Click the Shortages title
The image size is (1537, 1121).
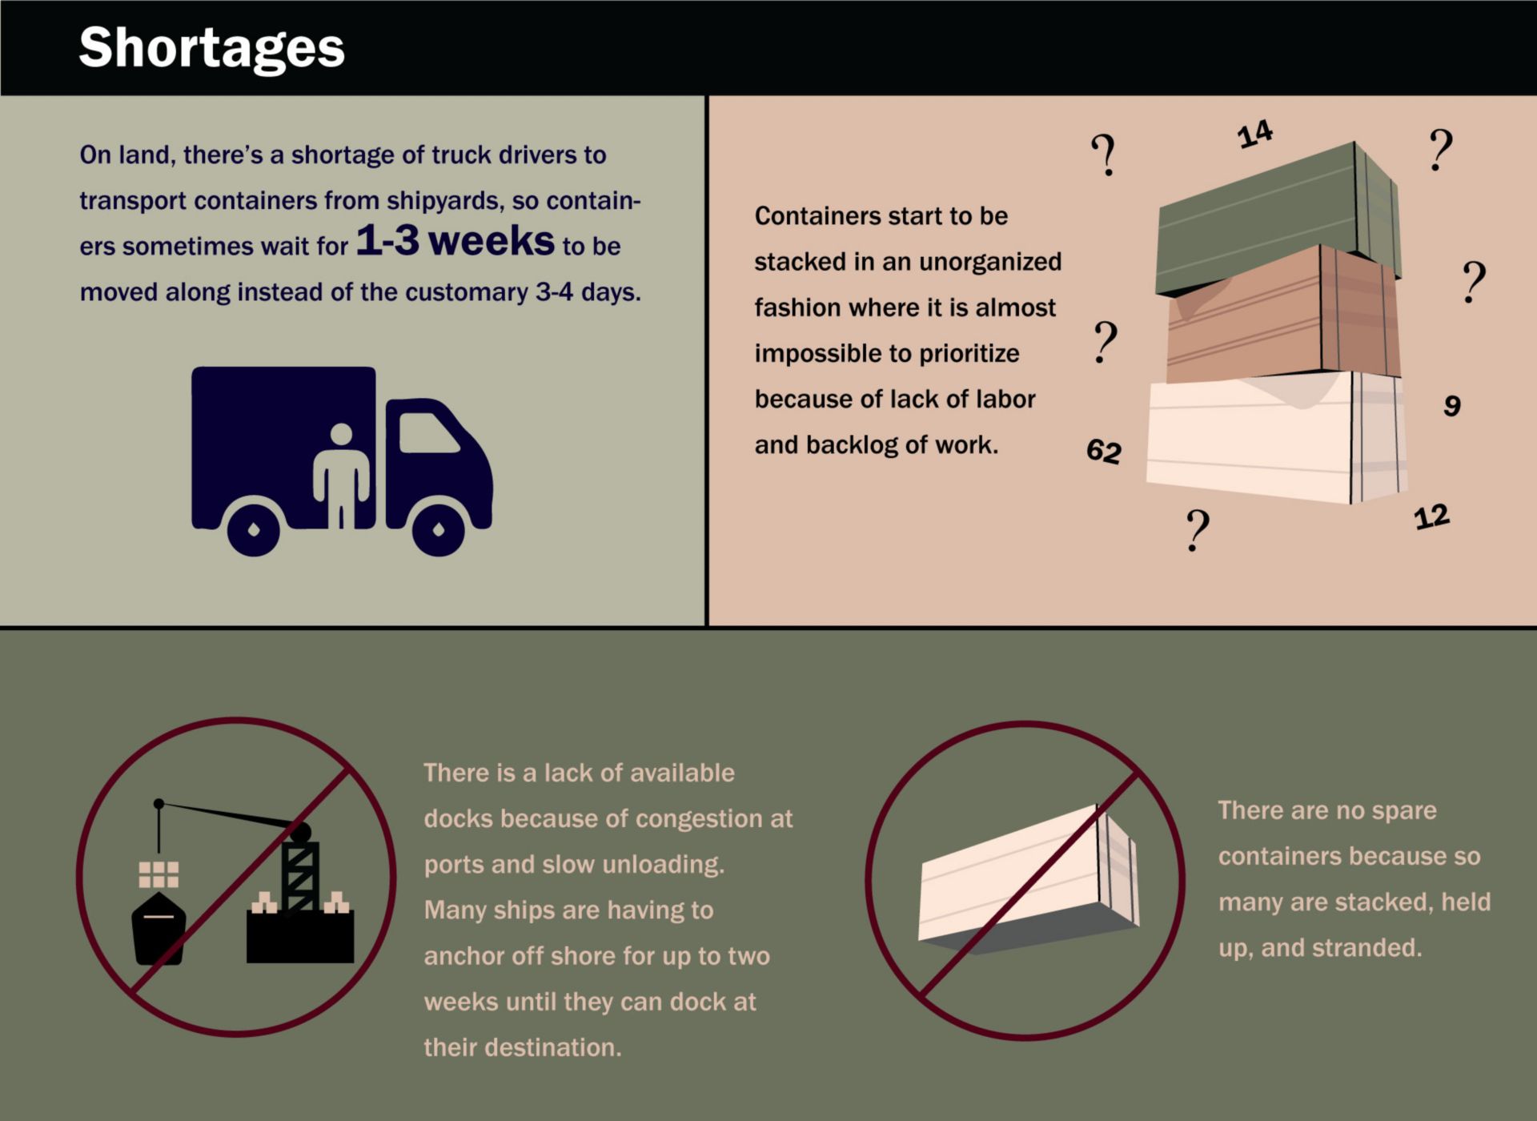click(211, 48)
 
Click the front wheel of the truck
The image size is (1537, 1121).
click(438, 529)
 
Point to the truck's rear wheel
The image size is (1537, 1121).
click(254, 529)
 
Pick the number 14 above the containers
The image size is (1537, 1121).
click(1254, 134)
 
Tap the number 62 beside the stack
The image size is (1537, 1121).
click(1104, 452)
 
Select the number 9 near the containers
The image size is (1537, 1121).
click(1452, 406)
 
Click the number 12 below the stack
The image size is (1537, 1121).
click(1432, 516)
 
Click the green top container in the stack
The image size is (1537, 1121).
click(1278, 216)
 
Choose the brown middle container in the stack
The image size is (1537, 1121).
click(1283, 314)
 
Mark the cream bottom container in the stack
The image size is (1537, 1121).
click(1277, 437)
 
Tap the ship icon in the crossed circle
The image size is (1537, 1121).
click(159, 928)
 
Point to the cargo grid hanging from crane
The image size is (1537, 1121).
click(159, 874)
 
